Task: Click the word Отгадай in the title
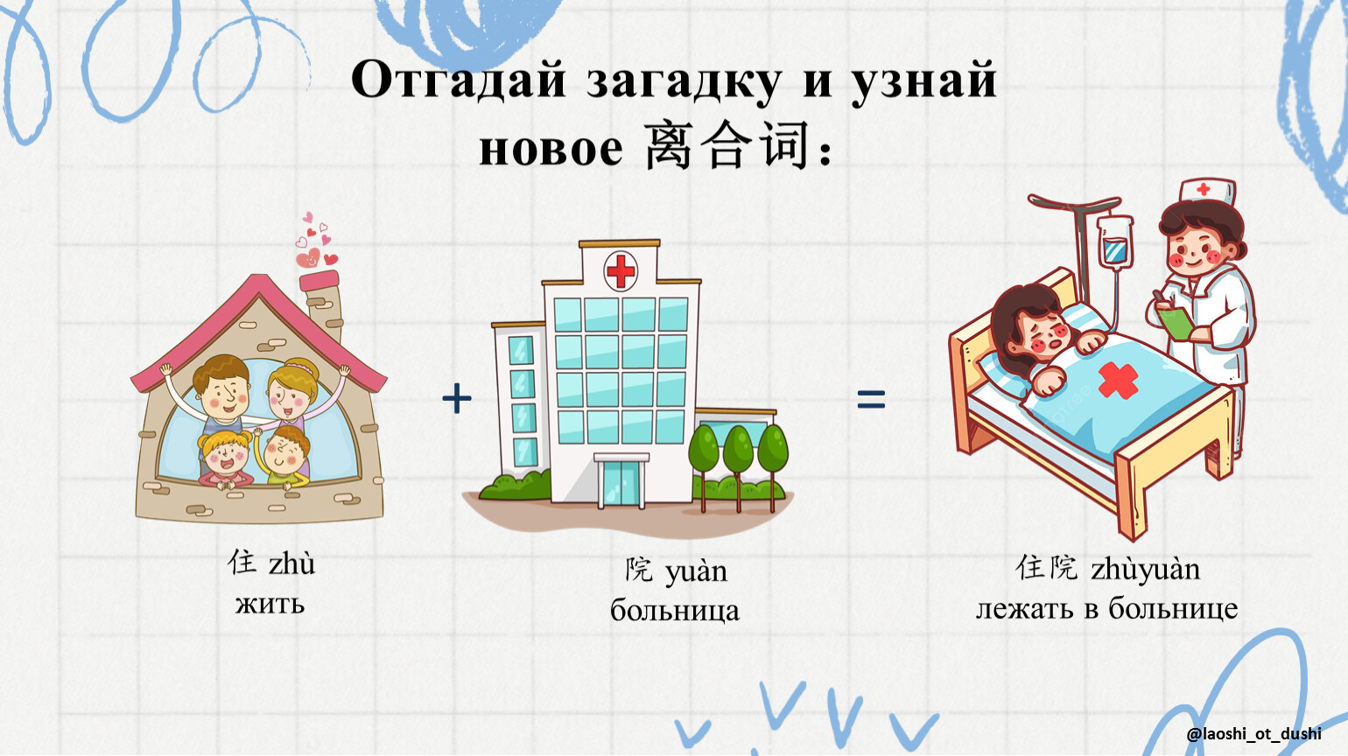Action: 459,80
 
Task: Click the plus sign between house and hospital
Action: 457,398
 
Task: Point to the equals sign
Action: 871,399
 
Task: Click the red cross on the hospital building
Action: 621,271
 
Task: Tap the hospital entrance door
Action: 621,484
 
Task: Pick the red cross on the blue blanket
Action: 1118,381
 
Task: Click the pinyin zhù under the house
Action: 291,564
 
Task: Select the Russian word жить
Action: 270,604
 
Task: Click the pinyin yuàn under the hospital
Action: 696,571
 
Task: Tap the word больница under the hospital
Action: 675,611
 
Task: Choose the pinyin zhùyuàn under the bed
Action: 1146,569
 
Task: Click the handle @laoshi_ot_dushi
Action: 1254,734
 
